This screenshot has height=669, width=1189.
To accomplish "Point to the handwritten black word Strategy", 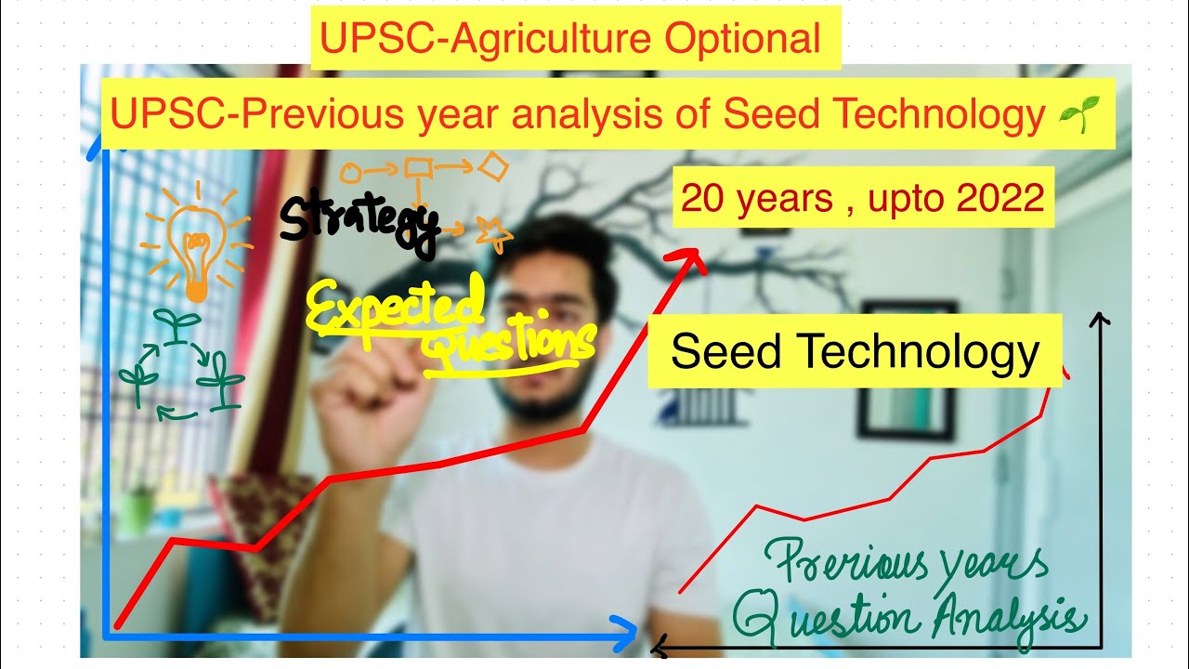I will (x=358, y=224).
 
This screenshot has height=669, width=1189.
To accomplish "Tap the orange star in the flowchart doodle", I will (x=493, y=233).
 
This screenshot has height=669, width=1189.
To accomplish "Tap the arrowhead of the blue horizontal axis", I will (x=624, y=634).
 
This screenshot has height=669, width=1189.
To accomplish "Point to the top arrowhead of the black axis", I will (x=1099, y=321).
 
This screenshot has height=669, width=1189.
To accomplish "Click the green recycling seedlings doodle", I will (x=181, y=368).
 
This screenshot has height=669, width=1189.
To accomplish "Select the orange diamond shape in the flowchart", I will (x=493, y=168).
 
